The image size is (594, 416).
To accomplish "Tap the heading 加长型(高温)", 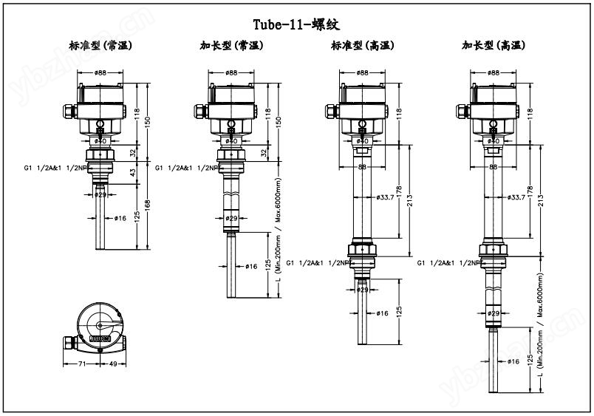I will click(x=494, y=45).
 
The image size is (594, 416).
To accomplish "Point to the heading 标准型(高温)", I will click(x=362, y=45).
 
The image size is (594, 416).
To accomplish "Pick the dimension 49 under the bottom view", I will click(x=115, y=364).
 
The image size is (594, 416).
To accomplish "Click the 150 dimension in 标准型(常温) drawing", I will click(x=147, y=120).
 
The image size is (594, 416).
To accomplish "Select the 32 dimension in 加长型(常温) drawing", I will click(x=264, y=152).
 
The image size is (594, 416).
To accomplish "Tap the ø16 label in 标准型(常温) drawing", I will click(x=121, y=218).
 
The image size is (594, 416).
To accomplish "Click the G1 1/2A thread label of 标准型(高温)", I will click(x=316, y=262).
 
